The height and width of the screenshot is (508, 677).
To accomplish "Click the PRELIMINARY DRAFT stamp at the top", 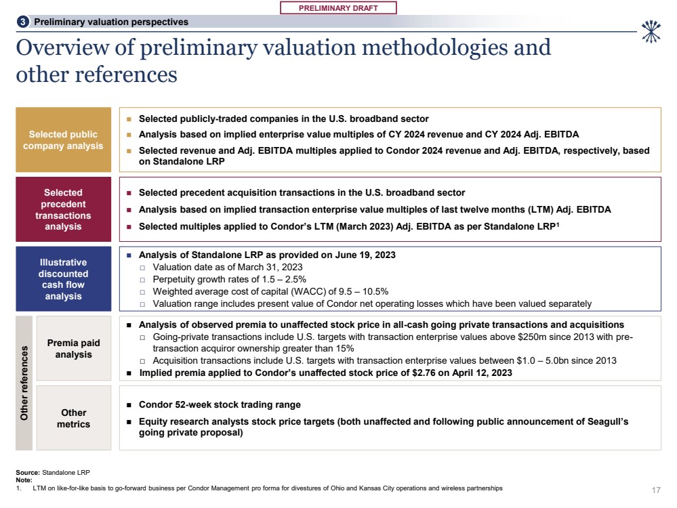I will tap(337, 7).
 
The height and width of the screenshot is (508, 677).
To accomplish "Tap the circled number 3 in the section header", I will tap(23, 22).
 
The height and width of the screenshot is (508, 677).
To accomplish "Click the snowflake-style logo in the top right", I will tap(651, 31).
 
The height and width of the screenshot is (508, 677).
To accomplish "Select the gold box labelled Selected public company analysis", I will tap(63, 140).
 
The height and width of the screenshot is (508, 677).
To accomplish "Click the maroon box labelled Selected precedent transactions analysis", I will tap(63, 210).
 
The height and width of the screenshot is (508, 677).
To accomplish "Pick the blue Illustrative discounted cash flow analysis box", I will tap(63, 279).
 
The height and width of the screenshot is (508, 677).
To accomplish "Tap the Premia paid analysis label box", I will tap(73, 349).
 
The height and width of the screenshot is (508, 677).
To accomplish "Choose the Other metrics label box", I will tap(73, 419).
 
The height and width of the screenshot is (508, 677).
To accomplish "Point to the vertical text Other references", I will tap(24, 383).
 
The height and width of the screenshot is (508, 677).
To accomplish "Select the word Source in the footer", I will tap(27, 471).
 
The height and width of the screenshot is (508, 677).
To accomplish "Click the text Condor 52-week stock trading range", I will tap(220, 405).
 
